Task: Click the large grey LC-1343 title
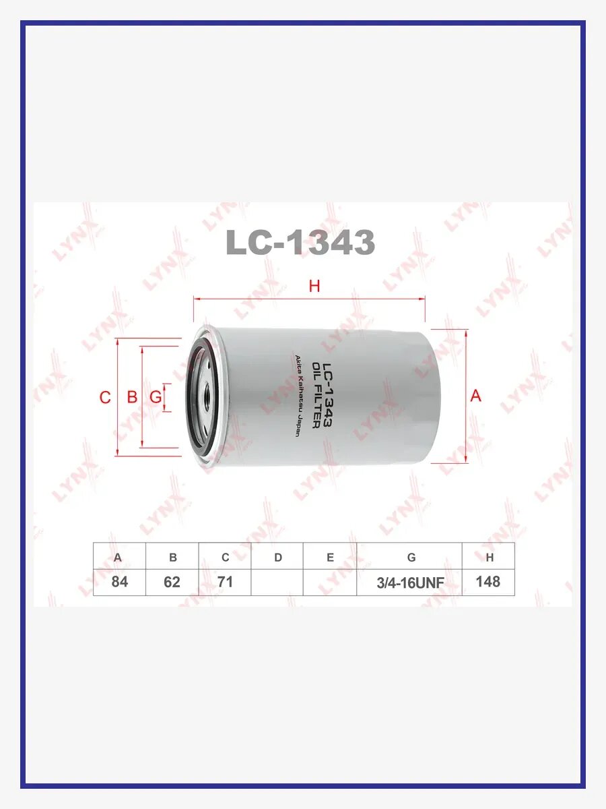coord(300,242)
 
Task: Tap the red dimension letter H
coord(314,287)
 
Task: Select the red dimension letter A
coord(476,396)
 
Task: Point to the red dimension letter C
coord(105,397)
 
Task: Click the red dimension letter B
coord(132,397)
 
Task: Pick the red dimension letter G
coord(156,397)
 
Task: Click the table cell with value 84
coord(120,582)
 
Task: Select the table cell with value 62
coord(172,582)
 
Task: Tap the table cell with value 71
coord(225,582)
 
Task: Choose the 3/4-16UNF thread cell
coord(409,582)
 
